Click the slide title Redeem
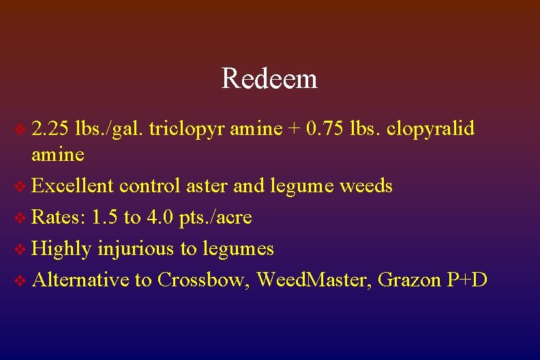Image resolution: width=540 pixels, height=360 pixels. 269,79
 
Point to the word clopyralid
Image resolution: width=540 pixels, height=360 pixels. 430,128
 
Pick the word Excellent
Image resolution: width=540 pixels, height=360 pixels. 73,185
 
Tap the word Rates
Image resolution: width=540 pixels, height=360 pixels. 59,217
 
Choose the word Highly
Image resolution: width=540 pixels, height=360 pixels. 62,249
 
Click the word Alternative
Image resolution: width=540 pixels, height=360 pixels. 80,280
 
